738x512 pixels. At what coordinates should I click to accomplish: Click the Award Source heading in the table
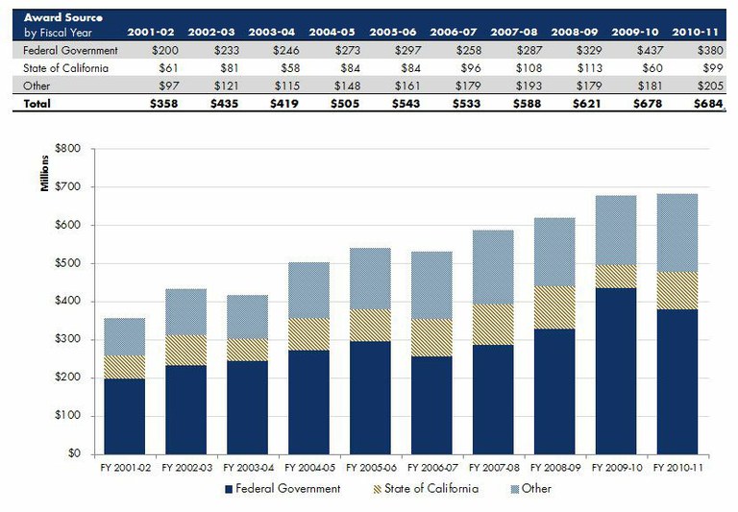coord(63,18)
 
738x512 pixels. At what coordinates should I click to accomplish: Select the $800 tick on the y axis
coord(69,149)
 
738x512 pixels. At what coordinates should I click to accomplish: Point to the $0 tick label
coord(75,454)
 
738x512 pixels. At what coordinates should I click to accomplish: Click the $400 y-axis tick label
coord(69,302)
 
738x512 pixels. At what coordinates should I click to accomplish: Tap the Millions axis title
coord(45,177)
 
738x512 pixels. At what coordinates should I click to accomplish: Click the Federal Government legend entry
coord(281,489)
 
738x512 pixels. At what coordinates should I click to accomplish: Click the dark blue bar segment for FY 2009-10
coord(621,371)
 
